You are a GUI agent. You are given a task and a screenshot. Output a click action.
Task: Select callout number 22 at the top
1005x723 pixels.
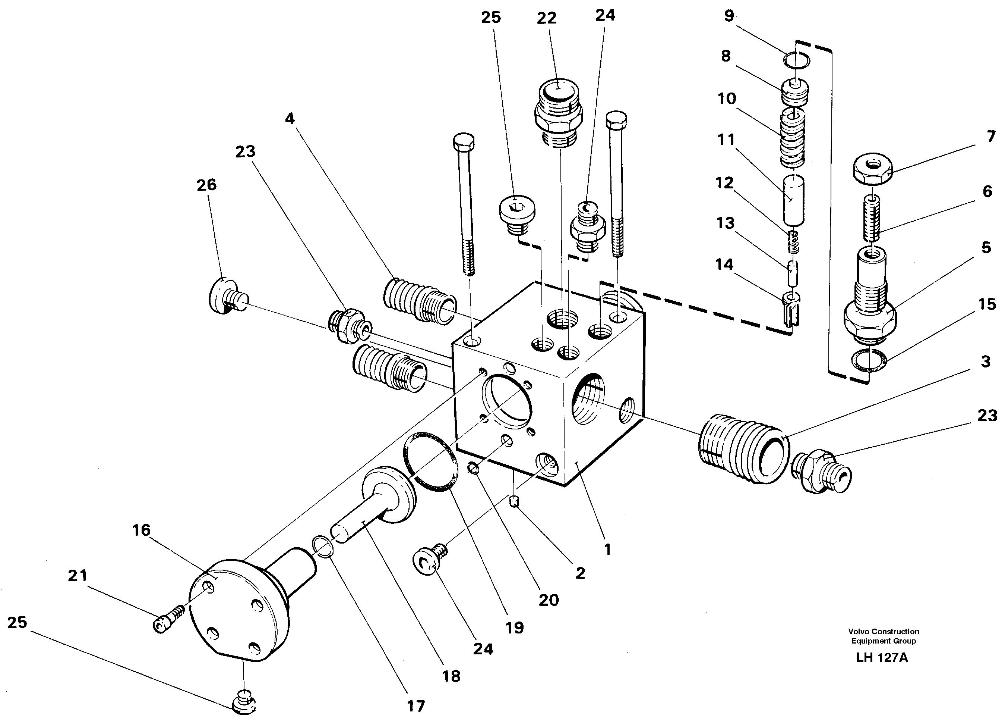pyautogui.click(x=546, y=19)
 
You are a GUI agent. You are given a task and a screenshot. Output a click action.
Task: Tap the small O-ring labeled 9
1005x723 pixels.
pyautogui.click(x=796, y=60)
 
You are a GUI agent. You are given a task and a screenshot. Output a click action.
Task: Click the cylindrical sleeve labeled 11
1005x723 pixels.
pyautogui.click(x=793, y=199)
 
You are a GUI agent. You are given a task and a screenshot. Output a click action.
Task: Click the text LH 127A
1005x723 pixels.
pyautogui.click(x=882, y=657)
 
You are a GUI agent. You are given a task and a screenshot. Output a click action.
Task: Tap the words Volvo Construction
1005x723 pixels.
pyautogui.click(x=884, y=631)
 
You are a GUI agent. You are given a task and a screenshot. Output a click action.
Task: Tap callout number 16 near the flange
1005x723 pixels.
pyautogui.click(x=141, y=530)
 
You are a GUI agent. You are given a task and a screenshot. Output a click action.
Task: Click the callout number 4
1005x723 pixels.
pyautogui.click(x=290, y=119)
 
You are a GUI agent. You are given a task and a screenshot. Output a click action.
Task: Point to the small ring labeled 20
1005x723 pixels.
pyautogui.click(x=473, y=467)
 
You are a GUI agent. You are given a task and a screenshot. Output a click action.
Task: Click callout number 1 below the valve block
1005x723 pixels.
pyautogui.click(x=607, y=550)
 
